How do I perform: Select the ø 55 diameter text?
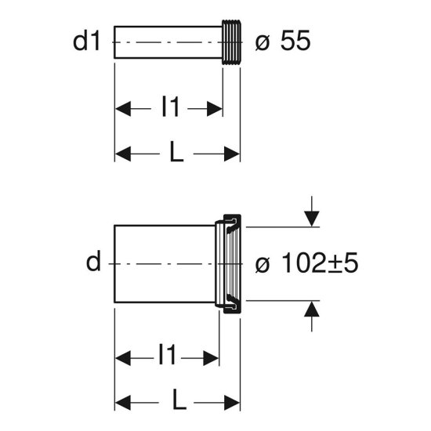point(283,41)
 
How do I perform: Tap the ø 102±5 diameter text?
point(306,263)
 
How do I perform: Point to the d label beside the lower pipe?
point(93,261)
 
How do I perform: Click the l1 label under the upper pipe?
point(171,106)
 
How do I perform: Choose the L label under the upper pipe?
point(176,151)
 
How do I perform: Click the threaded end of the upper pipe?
point(231,42)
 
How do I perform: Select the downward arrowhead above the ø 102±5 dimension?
point(311,219)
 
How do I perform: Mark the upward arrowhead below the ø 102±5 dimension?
point(311,309)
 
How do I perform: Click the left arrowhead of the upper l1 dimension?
point(123,109)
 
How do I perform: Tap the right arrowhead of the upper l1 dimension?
point(215,109)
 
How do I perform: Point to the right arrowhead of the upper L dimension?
point(232,154)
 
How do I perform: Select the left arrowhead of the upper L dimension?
point(123,154)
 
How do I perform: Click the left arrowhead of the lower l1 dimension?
point(123,358)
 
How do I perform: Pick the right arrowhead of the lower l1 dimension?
point(211,358)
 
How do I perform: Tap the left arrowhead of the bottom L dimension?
point(123,403)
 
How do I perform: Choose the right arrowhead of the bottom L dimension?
point(232,403)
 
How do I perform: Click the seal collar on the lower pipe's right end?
point(233,264)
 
